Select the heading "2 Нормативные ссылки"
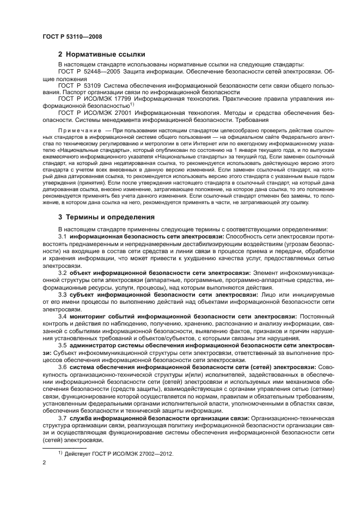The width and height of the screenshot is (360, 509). point(101,54)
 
